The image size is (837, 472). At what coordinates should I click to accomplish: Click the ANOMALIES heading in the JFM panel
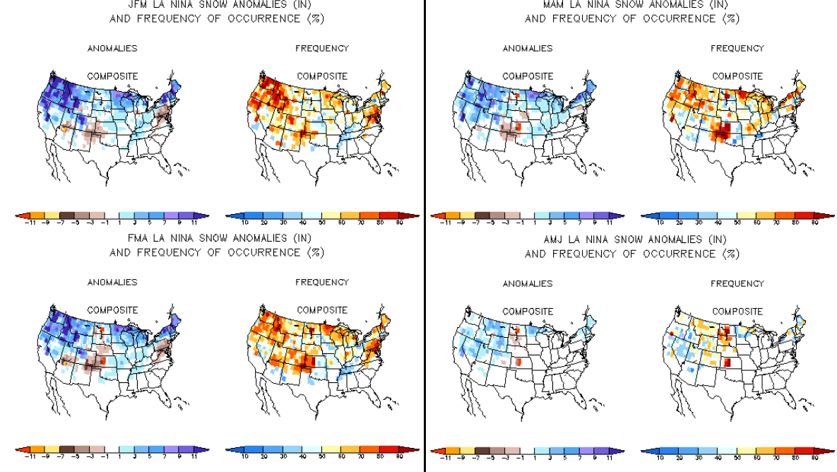112,49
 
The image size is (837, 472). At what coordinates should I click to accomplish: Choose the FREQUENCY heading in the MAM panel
737,49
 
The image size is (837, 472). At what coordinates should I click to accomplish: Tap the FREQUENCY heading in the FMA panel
322,283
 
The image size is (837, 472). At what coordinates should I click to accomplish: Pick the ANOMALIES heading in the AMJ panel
528,283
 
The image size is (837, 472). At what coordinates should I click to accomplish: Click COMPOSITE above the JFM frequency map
322,76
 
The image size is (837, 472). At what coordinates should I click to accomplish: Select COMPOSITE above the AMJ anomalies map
528,311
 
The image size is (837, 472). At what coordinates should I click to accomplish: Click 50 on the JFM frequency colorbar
322,222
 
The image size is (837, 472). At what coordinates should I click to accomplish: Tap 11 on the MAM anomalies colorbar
609,222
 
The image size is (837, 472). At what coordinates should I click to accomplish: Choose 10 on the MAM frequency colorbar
660,222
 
